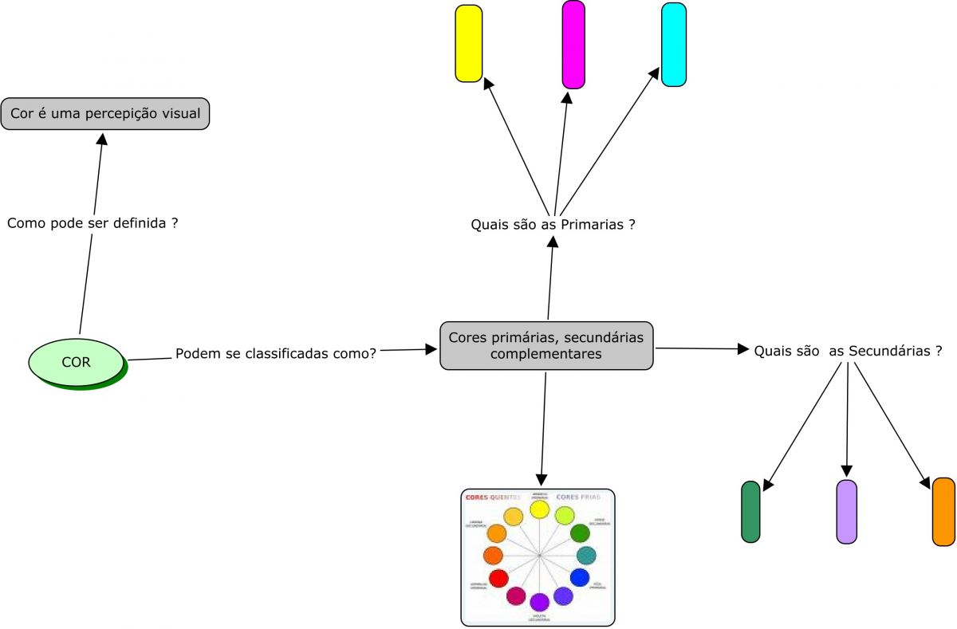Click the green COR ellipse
pos(77,361)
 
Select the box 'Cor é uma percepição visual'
pos(105,114)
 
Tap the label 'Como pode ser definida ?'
pos(92,223)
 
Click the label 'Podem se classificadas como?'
pos(276,352)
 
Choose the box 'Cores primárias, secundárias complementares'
pos(546,345)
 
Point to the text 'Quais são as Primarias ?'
pos(553,225)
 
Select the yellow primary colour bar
pos(469,43)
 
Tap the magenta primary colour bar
pos(573,44)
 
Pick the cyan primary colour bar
pos(674,45)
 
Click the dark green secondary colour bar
pos(750,512)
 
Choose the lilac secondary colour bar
pos(847,512)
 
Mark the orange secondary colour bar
pos(943,512)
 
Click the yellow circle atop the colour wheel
pos(539,509)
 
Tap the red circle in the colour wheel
pos(498,578)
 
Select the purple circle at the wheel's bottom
pos(539,602)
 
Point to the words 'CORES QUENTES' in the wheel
pos(492,497)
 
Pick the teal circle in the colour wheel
pos(586,556)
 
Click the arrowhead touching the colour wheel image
pos(542,481)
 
